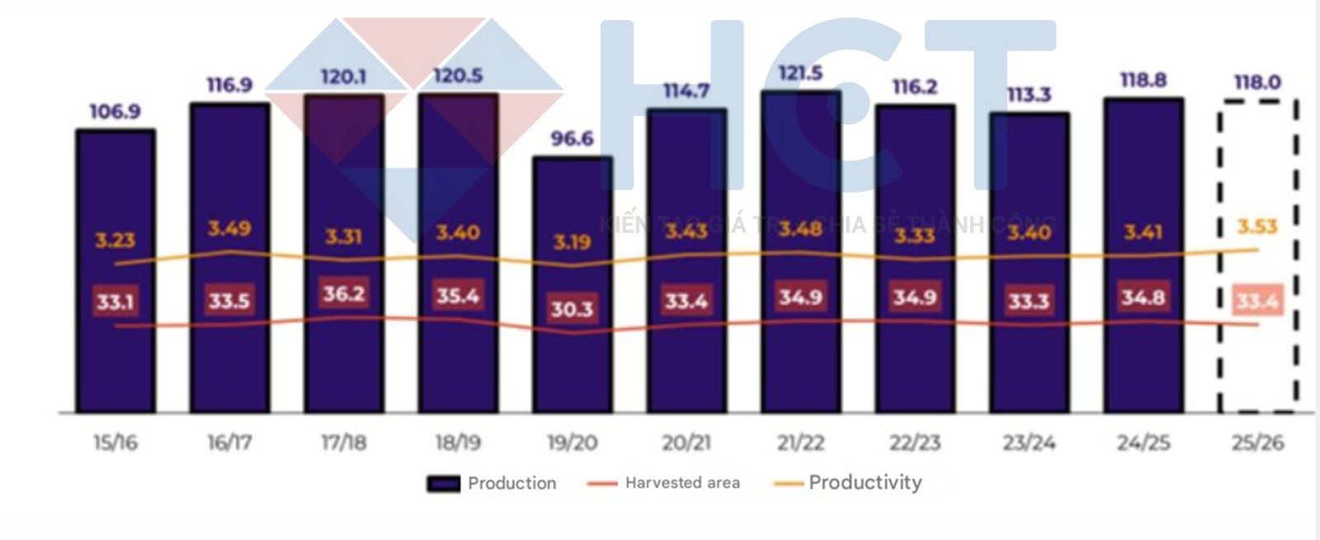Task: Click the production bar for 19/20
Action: pos(572,363)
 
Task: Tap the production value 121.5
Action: pos(800,73)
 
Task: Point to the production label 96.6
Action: pos(572,138)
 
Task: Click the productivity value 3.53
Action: pos(1256,226)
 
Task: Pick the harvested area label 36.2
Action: pos(343,294)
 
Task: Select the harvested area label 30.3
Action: pos(572,309)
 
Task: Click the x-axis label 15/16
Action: pos(115,443)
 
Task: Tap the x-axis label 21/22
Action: pos(800,443)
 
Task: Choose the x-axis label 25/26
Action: pos(1257,443)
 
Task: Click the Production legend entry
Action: pos(492,484)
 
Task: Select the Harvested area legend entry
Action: pos(664,483)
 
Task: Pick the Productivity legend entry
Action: pos(850,483)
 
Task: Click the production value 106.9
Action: pos(115,111)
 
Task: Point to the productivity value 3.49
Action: pos(229,228)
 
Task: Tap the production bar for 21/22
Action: pos(800,363)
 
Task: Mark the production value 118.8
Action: pos(1143,80)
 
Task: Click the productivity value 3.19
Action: pos(572,242)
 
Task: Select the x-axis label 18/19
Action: pos(458,443)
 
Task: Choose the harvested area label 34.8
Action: pos(1143,296)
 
